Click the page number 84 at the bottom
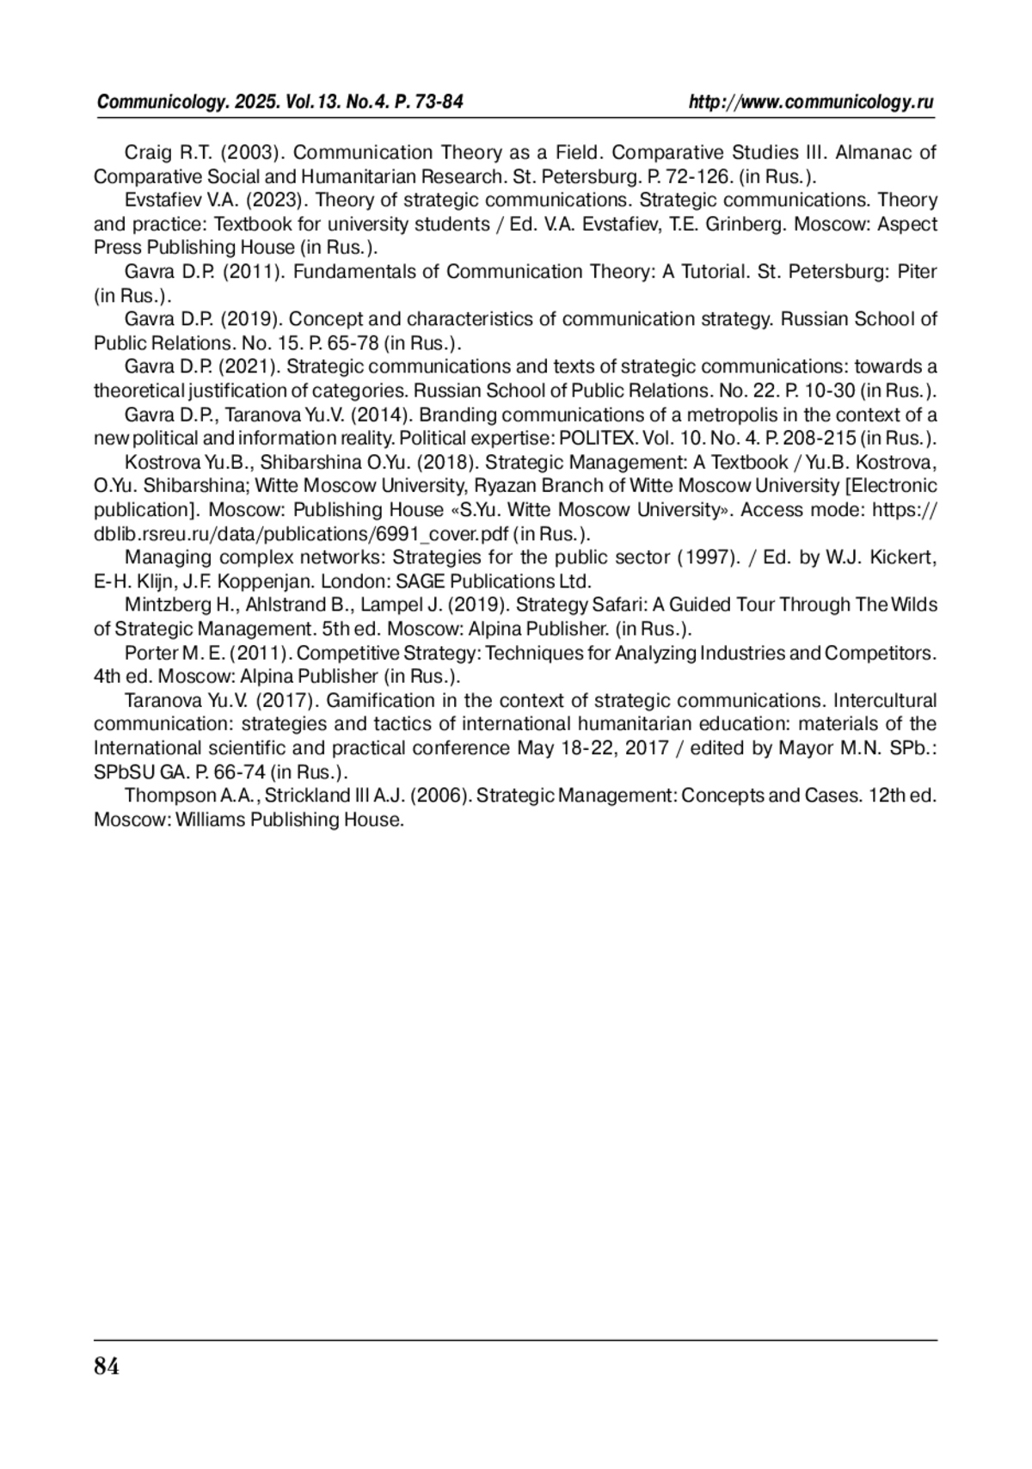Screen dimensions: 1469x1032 (x=107, y=1366)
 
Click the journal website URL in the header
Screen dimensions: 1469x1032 (x=811, y=102)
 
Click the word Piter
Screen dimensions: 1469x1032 (x=917, y=272)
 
